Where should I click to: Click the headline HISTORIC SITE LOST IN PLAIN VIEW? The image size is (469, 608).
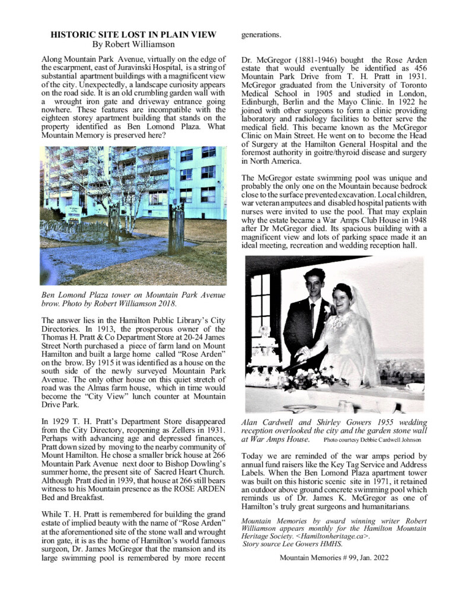(x=133, y=35)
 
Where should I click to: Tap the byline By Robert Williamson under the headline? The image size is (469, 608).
(x=133, y=44)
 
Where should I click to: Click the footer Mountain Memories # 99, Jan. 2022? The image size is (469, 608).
(x=333, y=558)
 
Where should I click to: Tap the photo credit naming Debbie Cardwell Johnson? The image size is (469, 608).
(x=372, y=440)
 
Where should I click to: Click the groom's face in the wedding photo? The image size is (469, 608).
(x=314, y=284)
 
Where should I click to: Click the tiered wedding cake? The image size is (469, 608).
(x=264, y=356)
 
